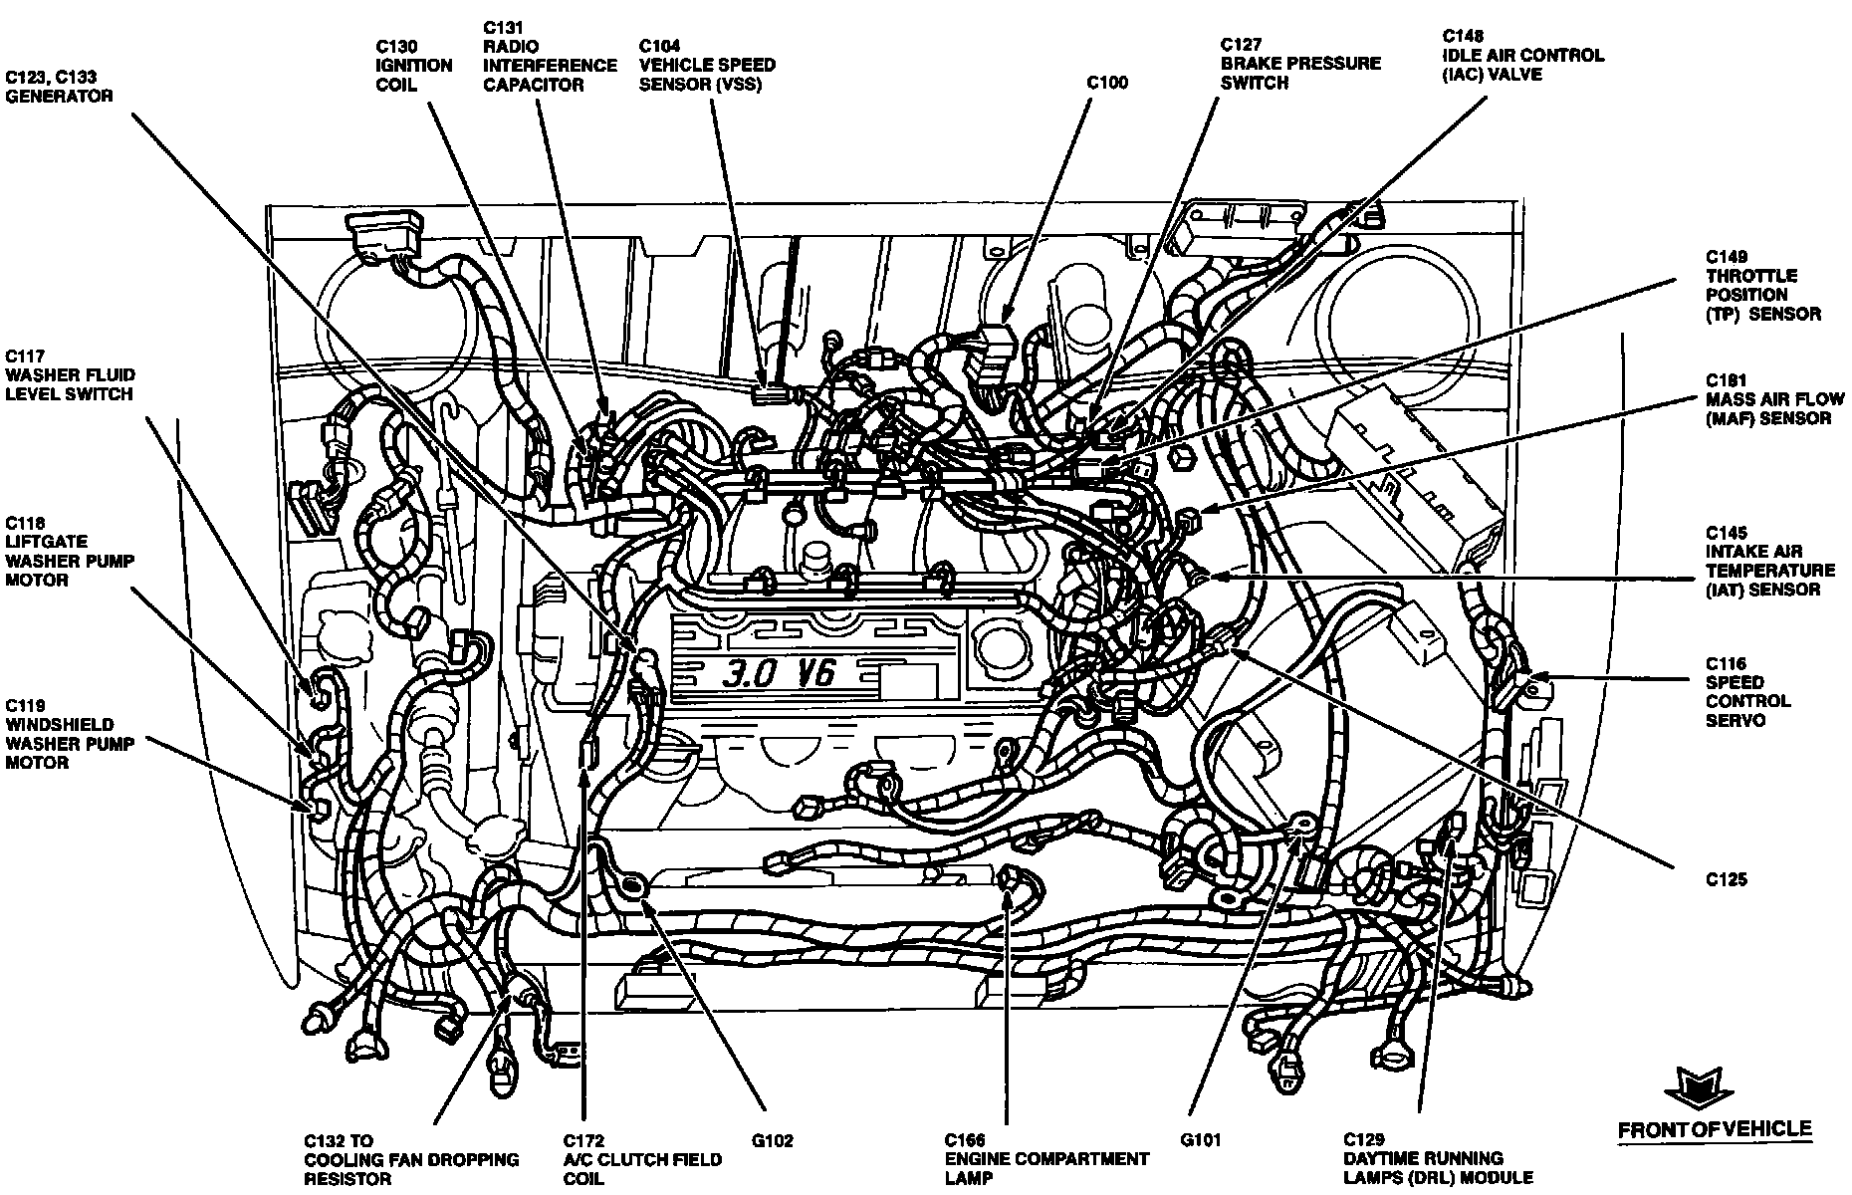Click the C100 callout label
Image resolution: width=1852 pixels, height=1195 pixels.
(x=1106, y=83)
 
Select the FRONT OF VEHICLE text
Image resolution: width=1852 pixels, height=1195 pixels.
(x=1715, y=1129)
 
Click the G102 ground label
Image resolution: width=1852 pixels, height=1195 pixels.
(x=773, y=1141)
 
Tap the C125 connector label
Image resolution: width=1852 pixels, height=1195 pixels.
(x=1726, y=880)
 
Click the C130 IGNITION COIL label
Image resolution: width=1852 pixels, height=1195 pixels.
(x=414, y=66)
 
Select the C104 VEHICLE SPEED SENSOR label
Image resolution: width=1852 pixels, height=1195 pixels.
(x=707, y=65)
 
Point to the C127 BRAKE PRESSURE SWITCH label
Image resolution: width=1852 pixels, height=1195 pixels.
(x=1300, y=64)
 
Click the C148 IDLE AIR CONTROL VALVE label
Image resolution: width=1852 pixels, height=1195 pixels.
(x=1522, y=55)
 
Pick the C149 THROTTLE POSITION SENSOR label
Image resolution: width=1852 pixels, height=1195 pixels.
(x=1763, y=286)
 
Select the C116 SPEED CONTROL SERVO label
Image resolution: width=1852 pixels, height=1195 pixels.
(x=1747, y=692)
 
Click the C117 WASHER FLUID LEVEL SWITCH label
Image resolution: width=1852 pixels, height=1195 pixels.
(x=70, y=375)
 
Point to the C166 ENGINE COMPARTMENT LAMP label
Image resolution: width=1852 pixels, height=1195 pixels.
(x=1046, y=1159)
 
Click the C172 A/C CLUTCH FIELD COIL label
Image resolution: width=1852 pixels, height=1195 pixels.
(x=642, y=1159)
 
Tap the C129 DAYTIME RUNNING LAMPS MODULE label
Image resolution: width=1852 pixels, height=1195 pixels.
(x=1438, y=1159)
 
